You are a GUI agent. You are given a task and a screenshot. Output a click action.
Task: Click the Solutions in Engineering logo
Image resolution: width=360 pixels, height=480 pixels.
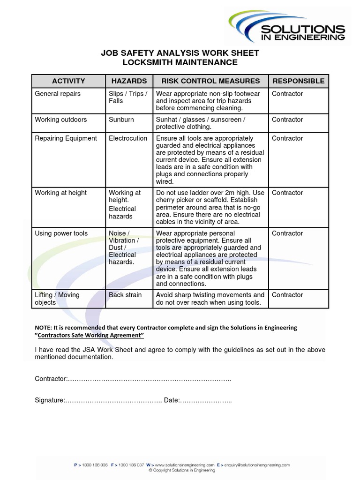(x=287, y=27)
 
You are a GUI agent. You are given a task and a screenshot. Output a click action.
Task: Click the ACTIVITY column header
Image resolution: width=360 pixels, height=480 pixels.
(x=68, y=81)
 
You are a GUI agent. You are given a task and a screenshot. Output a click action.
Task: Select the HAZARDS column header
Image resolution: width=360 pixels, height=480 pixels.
(x=129, y=81)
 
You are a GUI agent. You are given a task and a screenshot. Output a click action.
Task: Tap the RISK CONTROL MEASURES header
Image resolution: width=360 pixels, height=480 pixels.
(x=210, y=81)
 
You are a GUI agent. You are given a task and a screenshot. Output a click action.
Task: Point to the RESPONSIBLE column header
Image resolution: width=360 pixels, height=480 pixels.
(x=298, y=81)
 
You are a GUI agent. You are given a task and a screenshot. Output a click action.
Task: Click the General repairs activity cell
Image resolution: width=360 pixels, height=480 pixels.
(x=58, y=94)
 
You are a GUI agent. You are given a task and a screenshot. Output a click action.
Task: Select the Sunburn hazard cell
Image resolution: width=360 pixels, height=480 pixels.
(x=121, y=120)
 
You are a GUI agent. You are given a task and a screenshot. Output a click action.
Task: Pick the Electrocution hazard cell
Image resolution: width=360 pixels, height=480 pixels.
(x=128, y=138)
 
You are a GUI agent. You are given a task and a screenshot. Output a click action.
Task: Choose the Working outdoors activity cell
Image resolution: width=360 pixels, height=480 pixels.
(x=61, y=120)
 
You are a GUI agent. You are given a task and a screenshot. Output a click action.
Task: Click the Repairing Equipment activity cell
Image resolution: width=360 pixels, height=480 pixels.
(x=66, y=138)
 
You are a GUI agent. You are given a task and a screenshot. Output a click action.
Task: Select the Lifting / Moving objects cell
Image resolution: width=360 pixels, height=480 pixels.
(x=57, y=299)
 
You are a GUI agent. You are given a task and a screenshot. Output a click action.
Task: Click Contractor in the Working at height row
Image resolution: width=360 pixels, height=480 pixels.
(x=287, y=193)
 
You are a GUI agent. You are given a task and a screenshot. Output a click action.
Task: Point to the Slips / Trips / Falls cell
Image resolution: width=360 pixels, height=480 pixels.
(x=128, y=97)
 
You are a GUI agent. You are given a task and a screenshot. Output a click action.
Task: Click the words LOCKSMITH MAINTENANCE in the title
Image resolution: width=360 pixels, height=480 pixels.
(x=180, y=62)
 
